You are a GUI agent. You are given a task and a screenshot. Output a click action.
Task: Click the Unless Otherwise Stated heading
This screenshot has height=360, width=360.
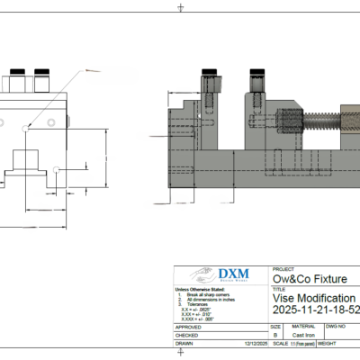[x=197, y=289]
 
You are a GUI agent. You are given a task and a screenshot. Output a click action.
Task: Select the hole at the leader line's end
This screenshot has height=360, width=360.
[x=26, y=129]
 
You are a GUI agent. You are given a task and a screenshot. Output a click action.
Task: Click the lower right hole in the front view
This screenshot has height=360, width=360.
[x=57, y=168]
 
